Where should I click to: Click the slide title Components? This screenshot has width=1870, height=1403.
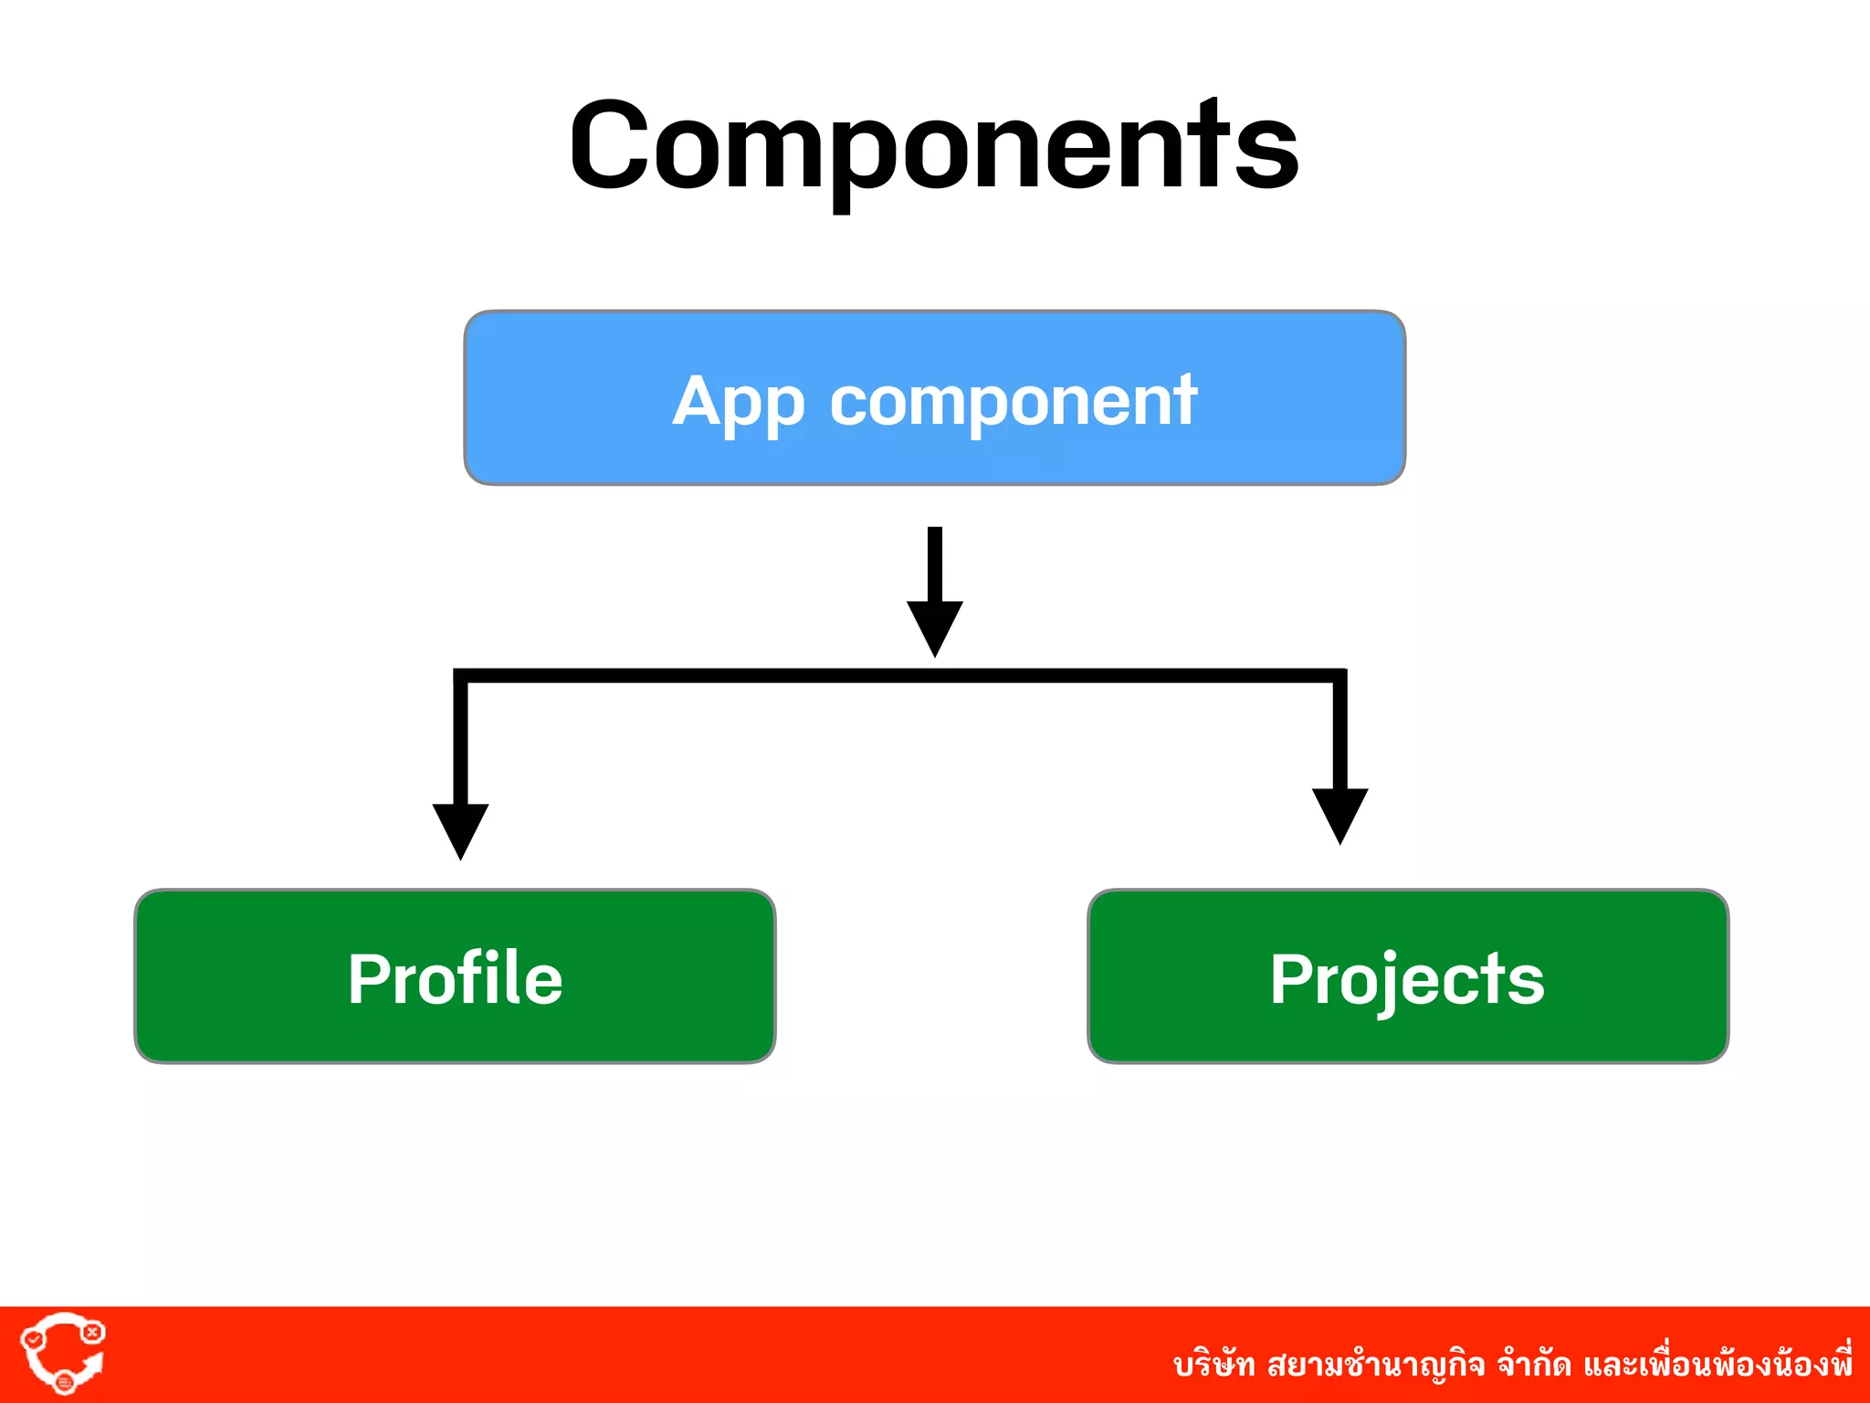[x=933, y=146]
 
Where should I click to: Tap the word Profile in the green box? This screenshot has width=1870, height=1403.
[x=455, y=978]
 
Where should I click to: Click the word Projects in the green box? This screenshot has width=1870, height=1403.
[x=1407, y=978]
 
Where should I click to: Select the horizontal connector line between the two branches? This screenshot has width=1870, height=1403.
[x=899, y=676]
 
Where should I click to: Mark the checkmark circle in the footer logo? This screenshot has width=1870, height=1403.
[x=33, y=1339]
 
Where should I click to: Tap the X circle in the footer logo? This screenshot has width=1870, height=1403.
[x=92, y=1332]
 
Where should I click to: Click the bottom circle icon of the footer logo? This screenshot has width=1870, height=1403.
[x=64, y=1382]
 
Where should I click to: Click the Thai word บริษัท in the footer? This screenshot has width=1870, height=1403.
[x=1214, y=1365]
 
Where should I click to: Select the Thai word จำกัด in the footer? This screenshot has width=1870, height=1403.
[x=1534, y=1365]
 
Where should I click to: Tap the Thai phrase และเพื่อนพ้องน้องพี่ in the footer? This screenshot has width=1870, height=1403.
[x=1718, y=1365]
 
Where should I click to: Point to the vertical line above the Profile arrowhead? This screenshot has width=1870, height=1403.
[x=461, y=740]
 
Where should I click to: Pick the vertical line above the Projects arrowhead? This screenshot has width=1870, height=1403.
[x=1339, y=731]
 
